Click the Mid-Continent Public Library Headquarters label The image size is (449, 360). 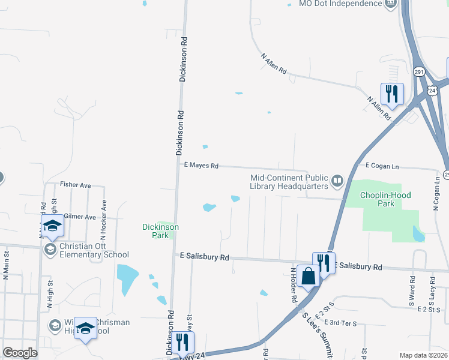(289, 182)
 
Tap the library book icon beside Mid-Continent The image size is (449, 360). (337, 180)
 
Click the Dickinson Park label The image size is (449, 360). (160, 231)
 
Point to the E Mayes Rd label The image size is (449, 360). (200, 166)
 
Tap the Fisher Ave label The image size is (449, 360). (75, 186)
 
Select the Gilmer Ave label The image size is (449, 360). (79, 217)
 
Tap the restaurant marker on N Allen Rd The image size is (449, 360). (392, 93)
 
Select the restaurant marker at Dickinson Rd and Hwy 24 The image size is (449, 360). (182, 343)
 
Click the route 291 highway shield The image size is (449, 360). (418, 72)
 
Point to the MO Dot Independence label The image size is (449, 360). (340, 4)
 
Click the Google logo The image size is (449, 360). (19, 352)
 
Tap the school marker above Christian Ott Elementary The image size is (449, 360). (52, 226)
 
